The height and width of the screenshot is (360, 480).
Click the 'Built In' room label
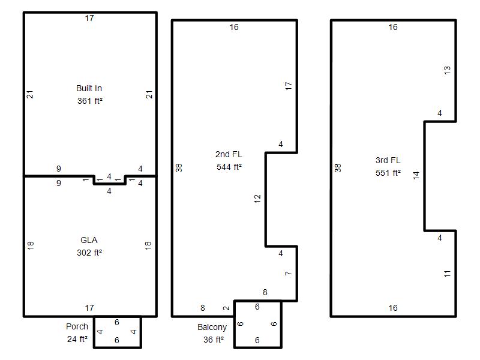click(89, 88)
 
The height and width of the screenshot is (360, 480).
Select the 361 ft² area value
click(89, 101)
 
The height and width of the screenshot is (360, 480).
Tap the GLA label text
click(89, 240)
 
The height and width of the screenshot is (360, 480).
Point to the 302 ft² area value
click(89, 253)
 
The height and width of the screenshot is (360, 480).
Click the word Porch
click(77, 326)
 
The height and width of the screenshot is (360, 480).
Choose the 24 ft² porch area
click(77, 339)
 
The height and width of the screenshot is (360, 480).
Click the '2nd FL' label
click(229, 154)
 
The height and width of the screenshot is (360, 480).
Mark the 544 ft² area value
click(229, 167)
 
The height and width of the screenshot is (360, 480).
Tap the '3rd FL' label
click(388, 160)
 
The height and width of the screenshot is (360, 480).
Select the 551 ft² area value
click(388, 173)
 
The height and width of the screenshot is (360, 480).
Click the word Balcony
click(212, 327)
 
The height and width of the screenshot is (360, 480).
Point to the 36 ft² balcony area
click(214, 340)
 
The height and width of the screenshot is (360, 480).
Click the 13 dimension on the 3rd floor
click(447, 70)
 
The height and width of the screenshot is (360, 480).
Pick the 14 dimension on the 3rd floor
click(416, 175)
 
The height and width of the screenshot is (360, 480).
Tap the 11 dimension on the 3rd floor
click(447, 274)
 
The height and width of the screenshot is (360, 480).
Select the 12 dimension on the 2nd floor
click(257, 199)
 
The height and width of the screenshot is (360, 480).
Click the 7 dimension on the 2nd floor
click(288, 274)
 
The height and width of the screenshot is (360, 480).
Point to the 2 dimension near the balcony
click(226, 308)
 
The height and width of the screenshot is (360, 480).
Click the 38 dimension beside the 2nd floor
click(179, 168)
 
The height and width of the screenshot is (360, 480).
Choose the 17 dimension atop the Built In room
click(89, 19)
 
